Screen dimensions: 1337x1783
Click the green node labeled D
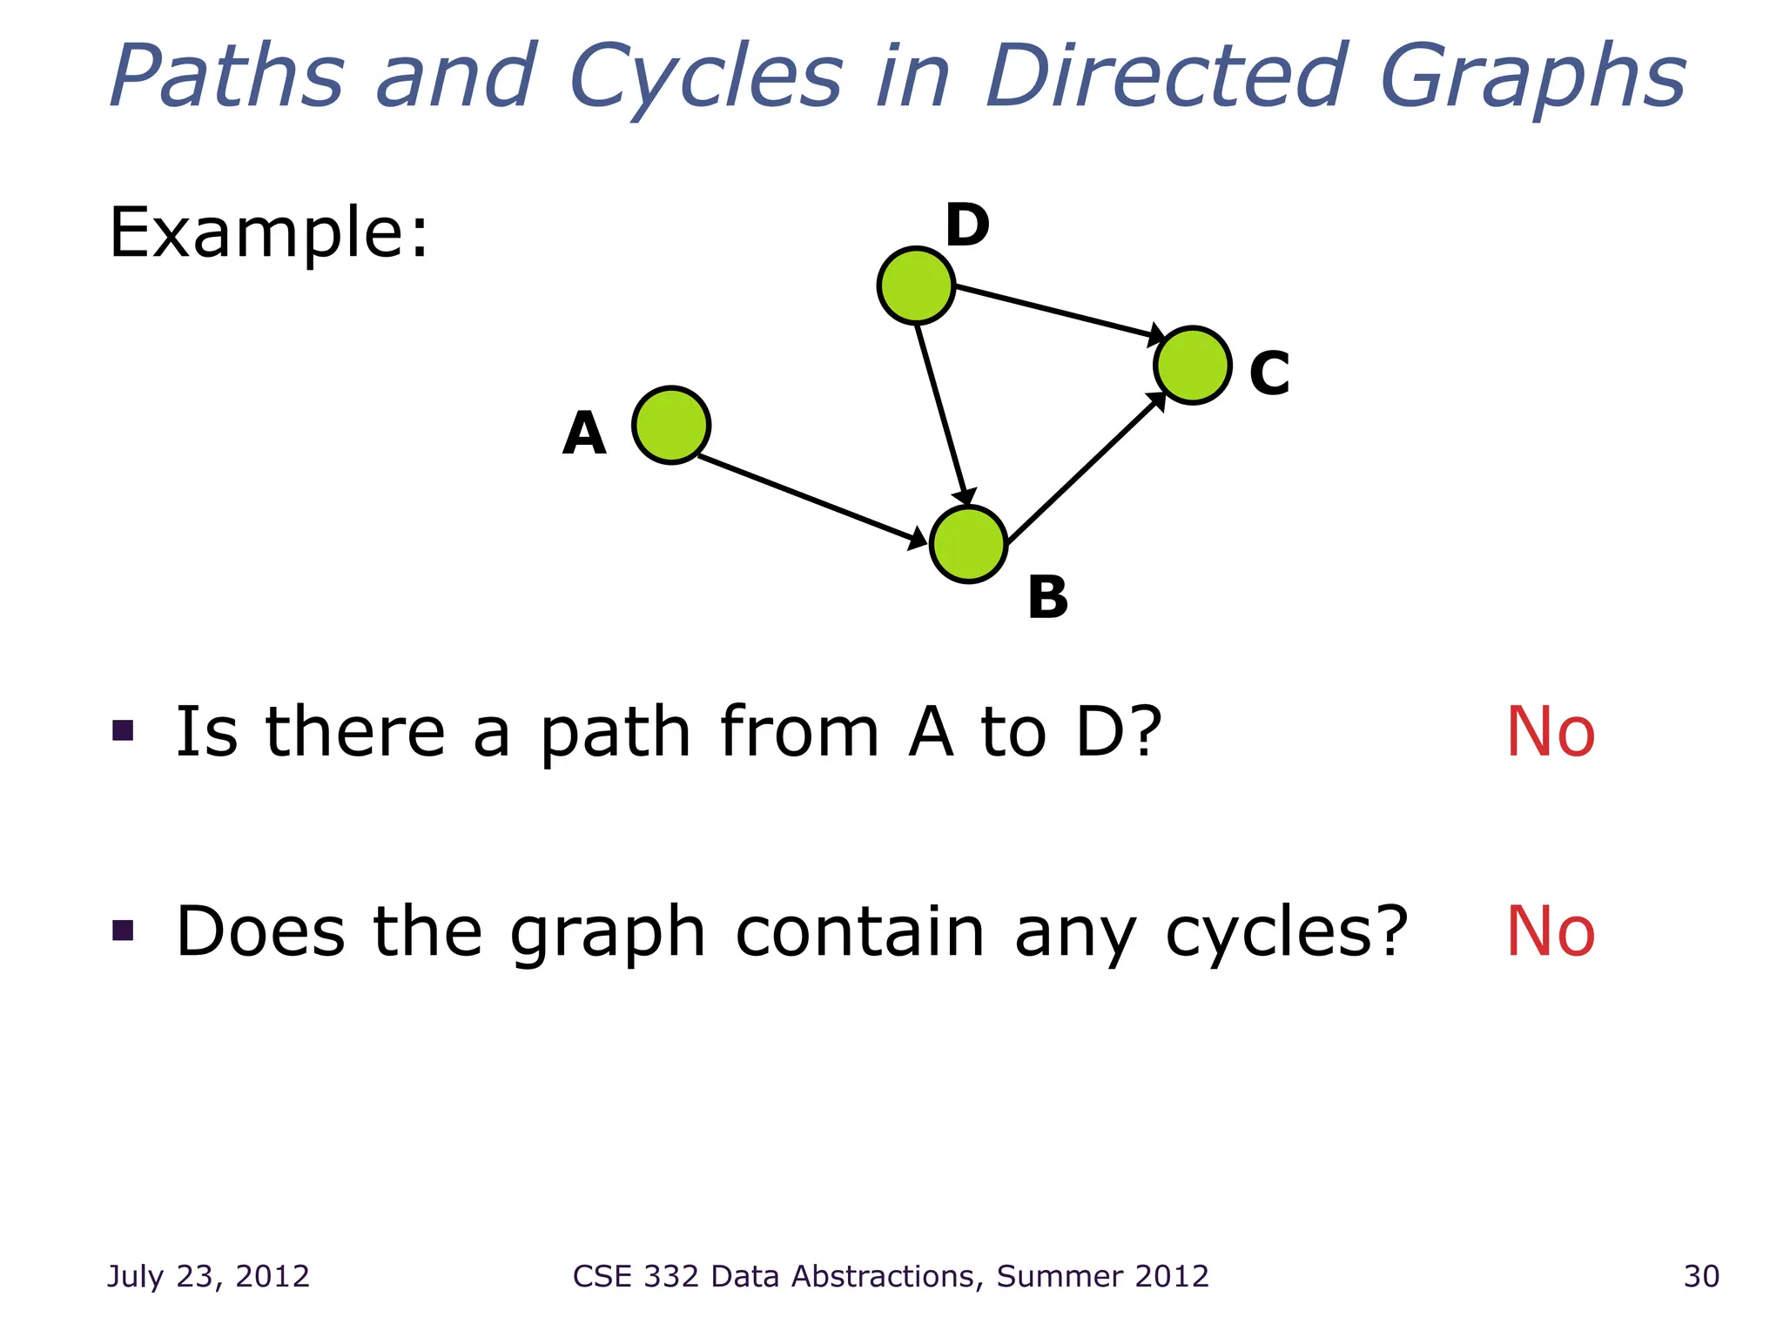point(916,286)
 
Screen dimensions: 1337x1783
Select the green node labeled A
point(670,425)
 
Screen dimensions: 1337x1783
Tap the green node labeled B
point(968,544)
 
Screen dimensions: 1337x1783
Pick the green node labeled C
point(1192,366)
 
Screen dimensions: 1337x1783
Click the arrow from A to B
point(810,500)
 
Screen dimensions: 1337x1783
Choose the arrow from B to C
point(1084,467)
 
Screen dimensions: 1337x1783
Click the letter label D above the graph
point(967,225)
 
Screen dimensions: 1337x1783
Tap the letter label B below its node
point(1047,598)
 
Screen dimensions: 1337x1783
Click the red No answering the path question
point(1551,732)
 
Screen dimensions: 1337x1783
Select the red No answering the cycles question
point(1551,932)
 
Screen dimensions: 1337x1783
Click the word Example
point(268,232)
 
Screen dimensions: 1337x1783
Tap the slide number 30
point(1701,1276)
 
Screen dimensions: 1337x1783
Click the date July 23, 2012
point(208,1276)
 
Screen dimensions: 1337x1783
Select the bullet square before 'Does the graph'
point(123,931)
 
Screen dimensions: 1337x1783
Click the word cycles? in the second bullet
point(1286,932)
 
